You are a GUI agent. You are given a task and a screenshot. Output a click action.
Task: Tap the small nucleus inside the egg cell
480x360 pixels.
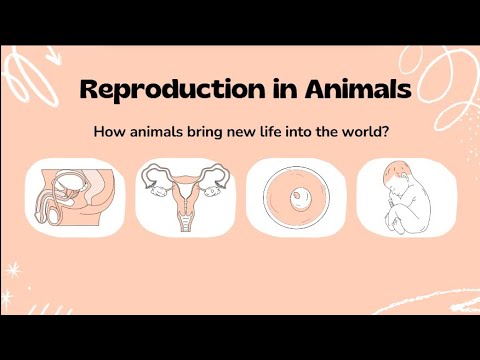pos(295,200)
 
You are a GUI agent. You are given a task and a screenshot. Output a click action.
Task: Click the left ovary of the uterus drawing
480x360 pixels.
pos(156,180)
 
